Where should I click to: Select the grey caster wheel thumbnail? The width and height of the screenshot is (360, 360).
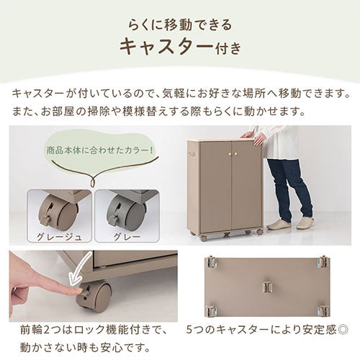coord(127,212)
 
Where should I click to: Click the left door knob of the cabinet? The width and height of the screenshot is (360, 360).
coord(224,153)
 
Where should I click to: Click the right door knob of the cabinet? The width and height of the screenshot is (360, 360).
coord(232,153)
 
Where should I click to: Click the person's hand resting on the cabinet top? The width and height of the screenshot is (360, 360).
coord(249,135)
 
